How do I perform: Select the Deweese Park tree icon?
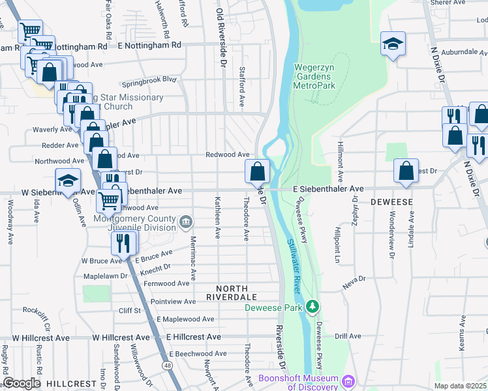(x=314, y=306)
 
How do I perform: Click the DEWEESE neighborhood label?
(x=391, y=202)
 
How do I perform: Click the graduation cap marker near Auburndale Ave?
(x=392, y=45)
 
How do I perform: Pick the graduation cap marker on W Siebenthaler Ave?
(x=68, y=182)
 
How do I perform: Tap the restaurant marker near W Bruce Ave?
(x=122, y=243)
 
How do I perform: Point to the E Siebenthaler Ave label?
(x=328, y=188)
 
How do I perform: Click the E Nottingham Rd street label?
(x=149, y=46)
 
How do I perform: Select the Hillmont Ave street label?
(x=340, y=160)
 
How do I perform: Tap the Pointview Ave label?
(x=172, y=302)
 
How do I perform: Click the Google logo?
(x=23, y=383)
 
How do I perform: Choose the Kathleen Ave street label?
(x=219, y=217)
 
